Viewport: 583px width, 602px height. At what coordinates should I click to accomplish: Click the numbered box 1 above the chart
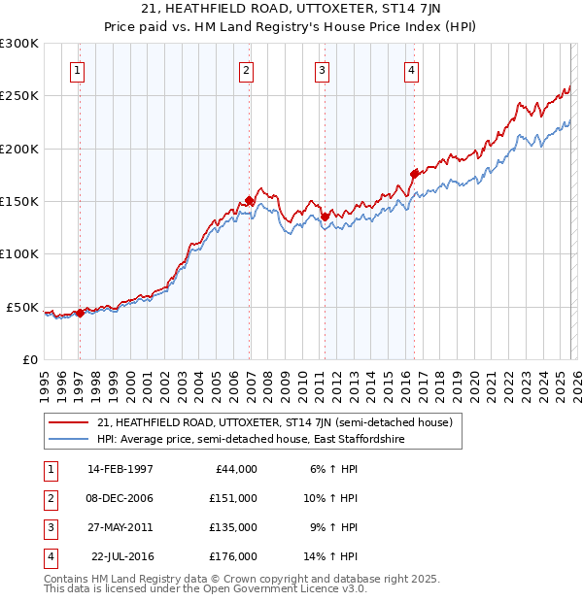point(77,70)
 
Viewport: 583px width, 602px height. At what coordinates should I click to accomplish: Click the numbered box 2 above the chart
point(247,70)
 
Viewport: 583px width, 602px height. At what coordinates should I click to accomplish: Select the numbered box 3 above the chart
point(322,70)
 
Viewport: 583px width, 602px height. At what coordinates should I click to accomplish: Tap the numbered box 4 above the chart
point(411,70)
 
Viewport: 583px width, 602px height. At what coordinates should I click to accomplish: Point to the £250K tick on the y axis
point(20,96)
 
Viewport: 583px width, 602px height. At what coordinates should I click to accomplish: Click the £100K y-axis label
point(20,254)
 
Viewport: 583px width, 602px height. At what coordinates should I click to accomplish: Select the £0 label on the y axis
point(29,360)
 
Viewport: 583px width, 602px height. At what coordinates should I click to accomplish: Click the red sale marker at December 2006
point(249,201)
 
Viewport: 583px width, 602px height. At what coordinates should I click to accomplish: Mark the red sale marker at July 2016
point(415,174)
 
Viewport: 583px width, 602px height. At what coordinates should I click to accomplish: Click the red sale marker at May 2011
point(326,217)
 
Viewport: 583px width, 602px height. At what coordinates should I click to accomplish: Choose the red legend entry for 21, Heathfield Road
point(275,422)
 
